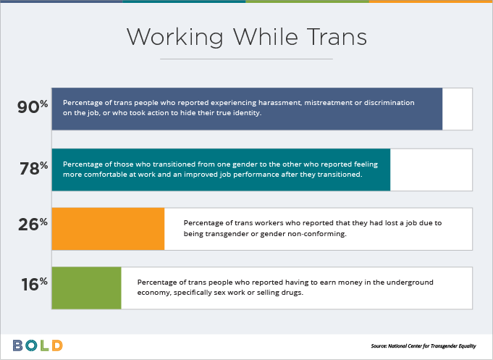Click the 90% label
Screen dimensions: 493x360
(33, 106)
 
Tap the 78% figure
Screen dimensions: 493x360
(34, 168)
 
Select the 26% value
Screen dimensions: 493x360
(33, 225)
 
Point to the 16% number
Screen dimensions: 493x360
(34, 284)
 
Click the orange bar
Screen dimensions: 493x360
(108, 229)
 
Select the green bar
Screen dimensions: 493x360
(86, 288)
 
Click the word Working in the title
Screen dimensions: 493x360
(174, 38)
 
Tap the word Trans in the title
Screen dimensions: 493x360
(337, 36)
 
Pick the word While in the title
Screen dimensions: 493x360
(265, 36)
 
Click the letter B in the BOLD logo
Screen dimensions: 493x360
(17, 346)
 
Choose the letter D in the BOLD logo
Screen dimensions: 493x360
(57, 346)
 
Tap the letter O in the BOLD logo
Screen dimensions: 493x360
(31, 346)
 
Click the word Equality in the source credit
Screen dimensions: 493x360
(467, 346)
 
